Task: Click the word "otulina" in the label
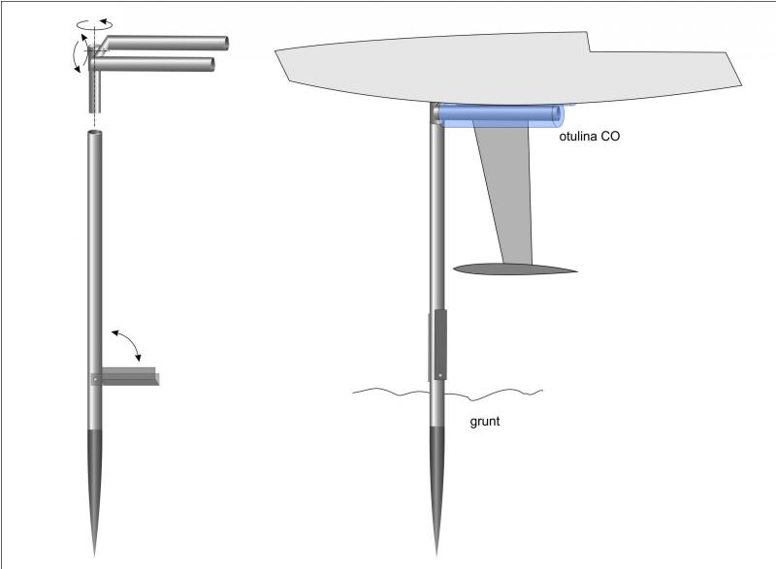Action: point(578,138)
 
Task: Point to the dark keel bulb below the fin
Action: point(514,269)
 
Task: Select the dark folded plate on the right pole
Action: point(439,345)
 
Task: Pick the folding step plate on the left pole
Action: point(126,377)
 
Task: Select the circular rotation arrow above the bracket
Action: point(95,21)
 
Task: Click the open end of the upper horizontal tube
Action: point(224,43)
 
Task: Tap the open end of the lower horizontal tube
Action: point(209,65)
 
